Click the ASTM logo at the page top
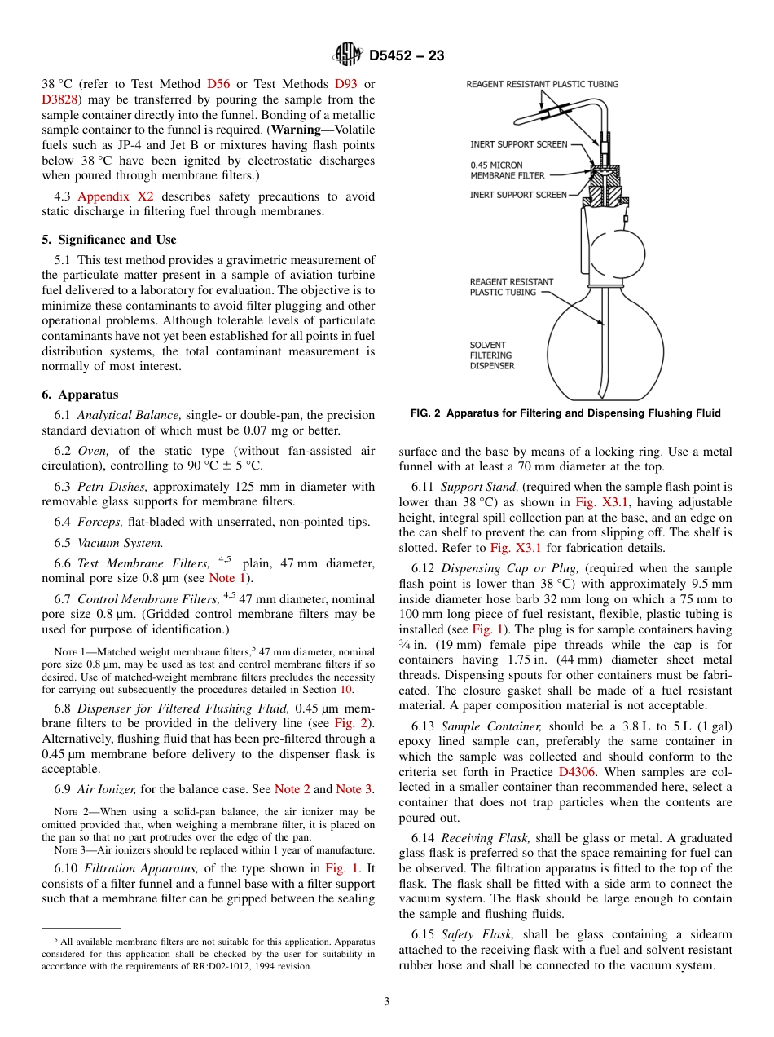348,55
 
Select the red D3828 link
62,99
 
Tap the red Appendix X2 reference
115,196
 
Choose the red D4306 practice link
575,771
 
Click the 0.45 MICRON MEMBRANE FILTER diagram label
507,170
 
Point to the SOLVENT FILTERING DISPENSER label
491,355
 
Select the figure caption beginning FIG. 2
565,413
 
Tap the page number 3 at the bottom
386,1002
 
